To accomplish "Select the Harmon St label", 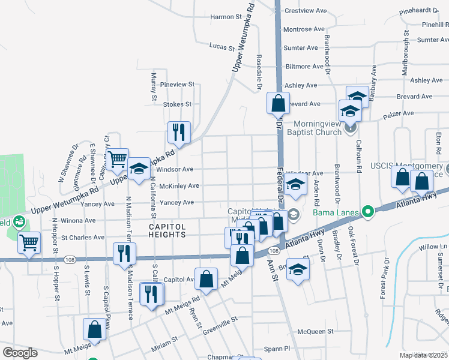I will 226,17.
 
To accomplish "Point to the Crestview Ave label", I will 305,11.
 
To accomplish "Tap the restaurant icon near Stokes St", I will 178,132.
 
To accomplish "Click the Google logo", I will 20,353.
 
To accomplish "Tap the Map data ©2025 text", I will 423,355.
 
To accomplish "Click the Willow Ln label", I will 433,247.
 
